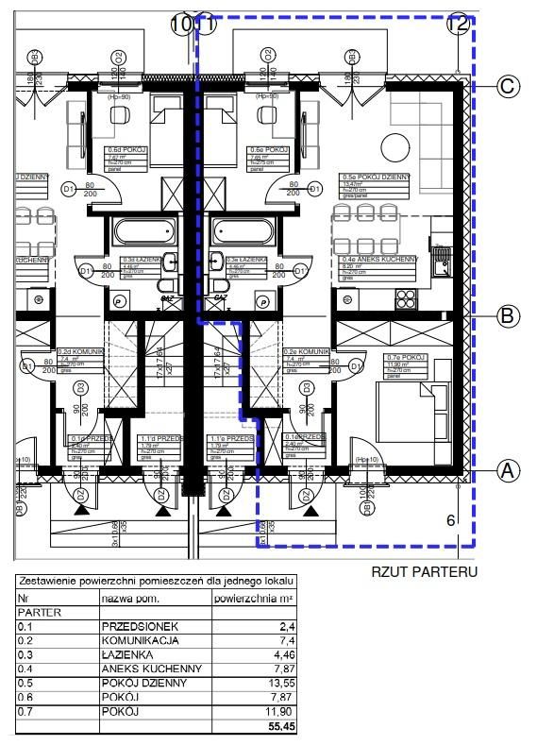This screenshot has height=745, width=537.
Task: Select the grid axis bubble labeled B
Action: [507, 316]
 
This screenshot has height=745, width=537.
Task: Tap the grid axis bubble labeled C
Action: [507, 87]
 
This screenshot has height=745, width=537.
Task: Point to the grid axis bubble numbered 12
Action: [459, 25]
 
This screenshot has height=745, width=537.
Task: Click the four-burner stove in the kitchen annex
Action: [407, 299]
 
